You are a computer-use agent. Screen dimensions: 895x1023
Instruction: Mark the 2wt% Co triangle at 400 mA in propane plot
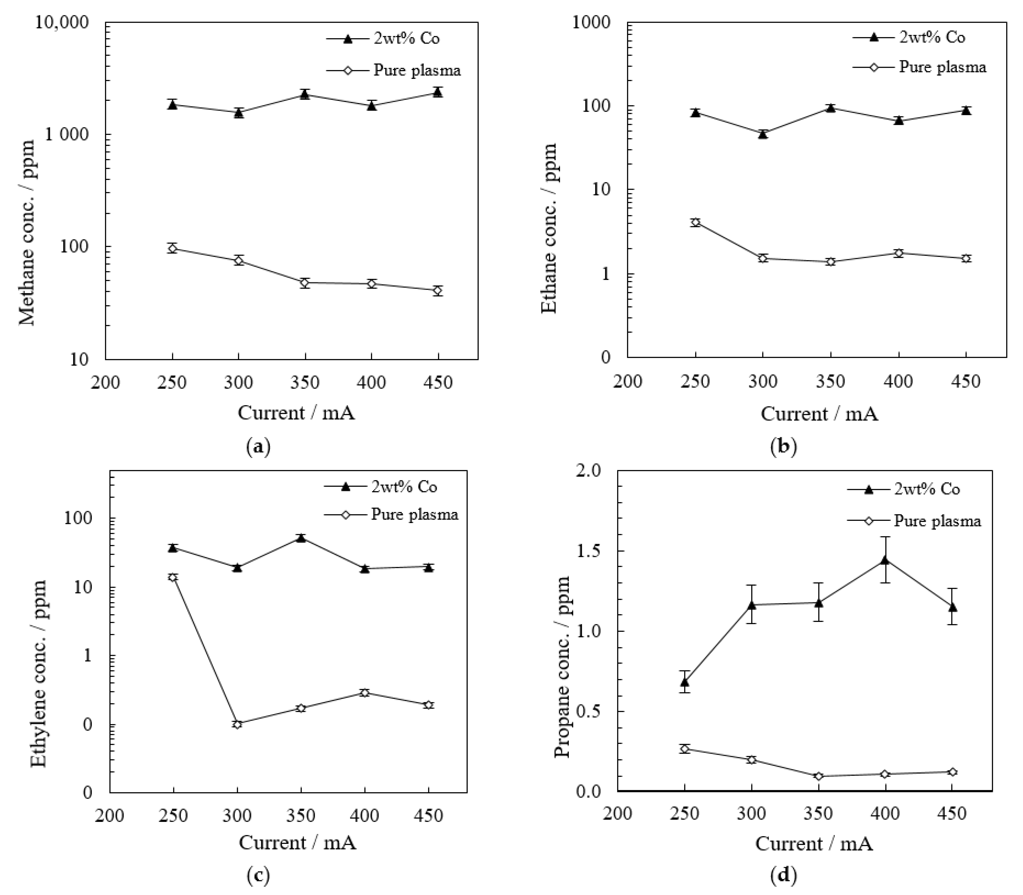pos(885,560)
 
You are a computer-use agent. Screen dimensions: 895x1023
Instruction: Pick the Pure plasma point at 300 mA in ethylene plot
pos(237,724)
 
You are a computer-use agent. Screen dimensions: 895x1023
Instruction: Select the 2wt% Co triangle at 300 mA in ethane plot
pos(763,134)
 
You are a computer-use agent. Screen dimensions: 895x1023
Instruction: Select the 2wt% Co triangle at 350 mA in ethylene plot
pos(301,538)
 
